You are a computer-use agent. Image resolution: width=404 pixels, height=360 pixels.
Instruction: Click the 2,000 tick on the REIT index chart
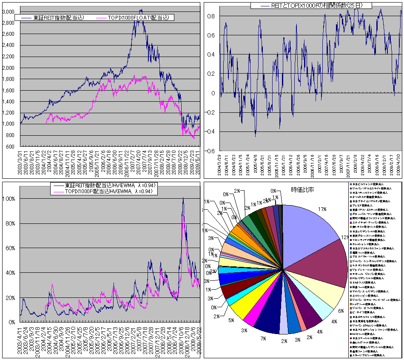[9, 68]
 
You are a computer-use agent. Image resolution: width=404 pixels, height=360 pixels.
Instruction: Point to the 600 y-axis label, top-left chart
[11, 147]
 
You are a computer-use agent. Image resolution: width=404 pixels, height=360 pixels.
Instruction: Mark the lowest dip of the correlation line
[256, 136]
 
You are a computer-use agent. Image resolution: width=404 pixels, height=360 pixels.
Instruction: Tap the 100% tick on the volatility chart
[10, 199]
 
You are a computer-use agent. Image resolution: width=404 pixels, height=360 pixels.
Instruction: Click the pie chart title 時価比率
[302, 189]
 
